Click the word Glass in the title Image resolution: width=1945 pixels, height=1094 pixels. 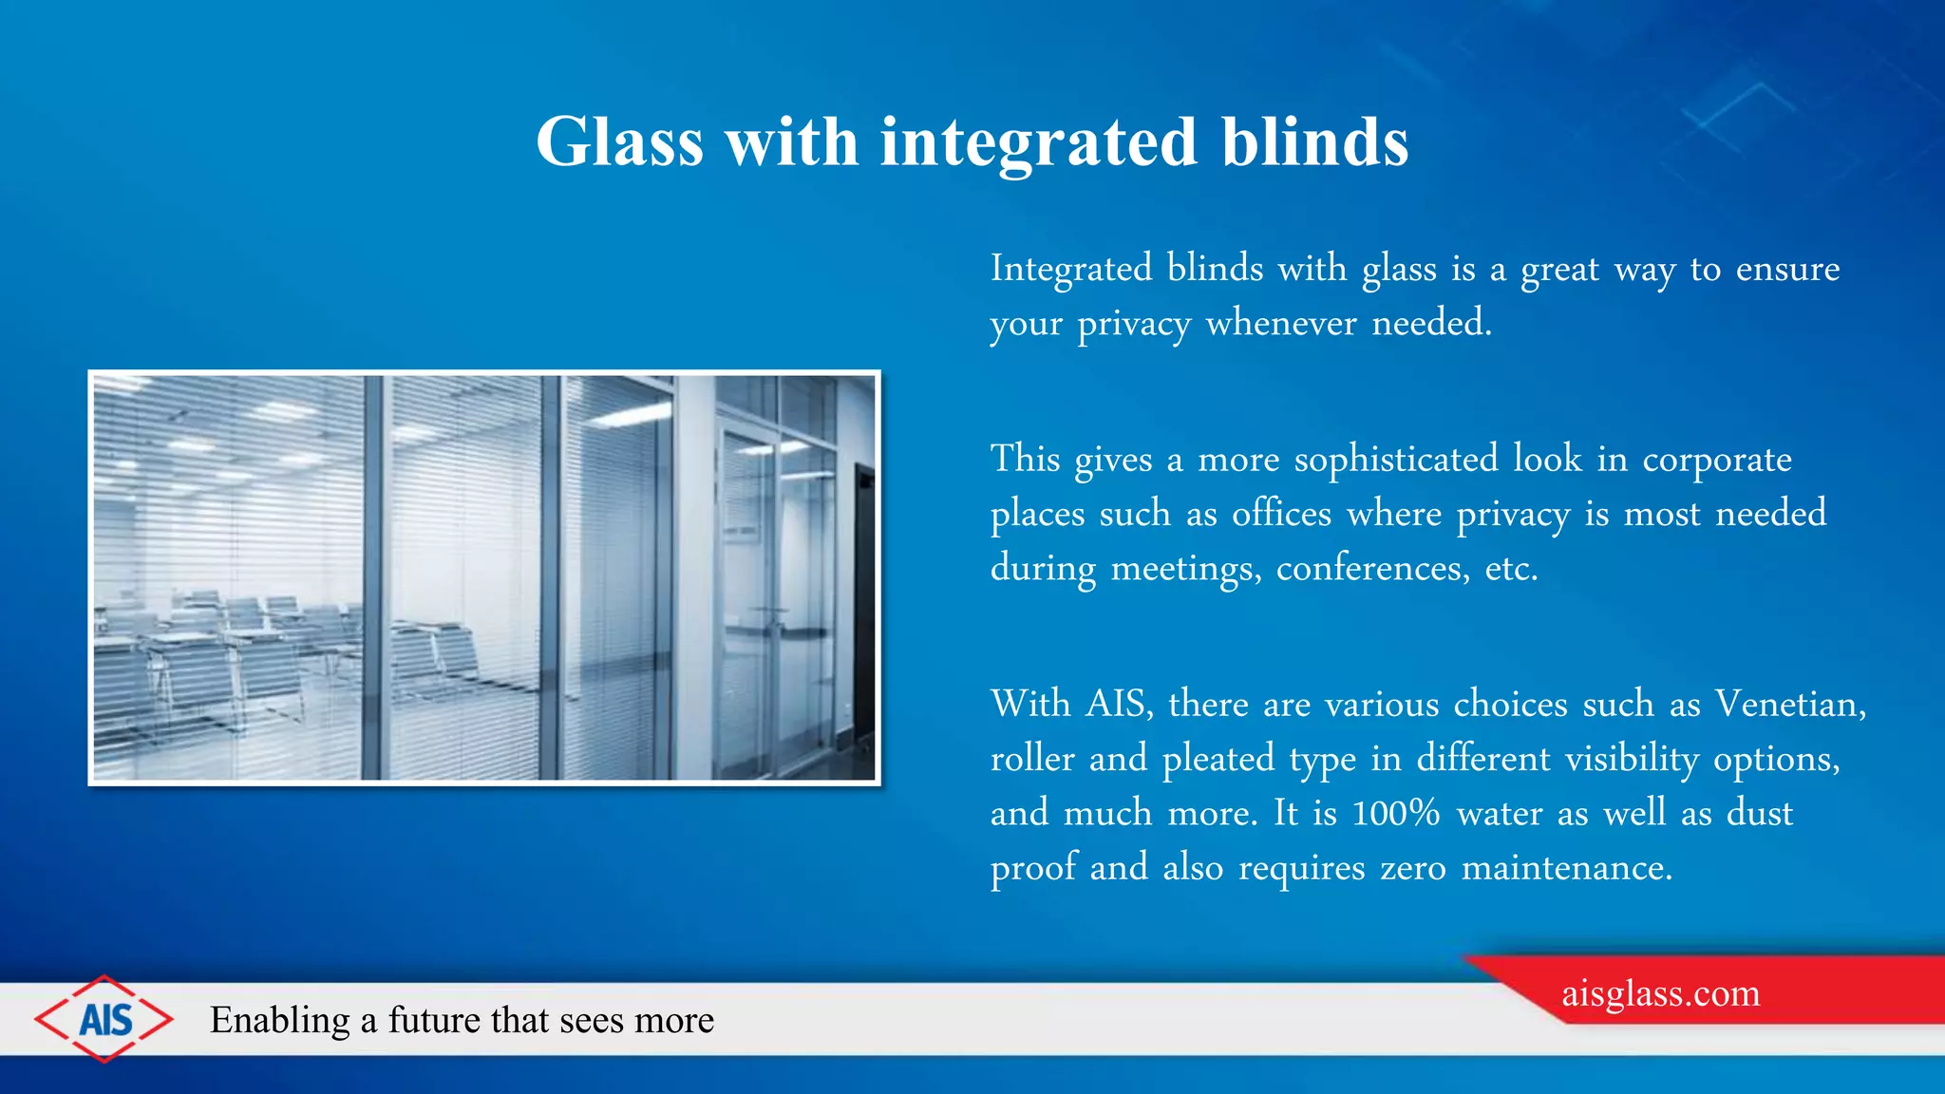[619, 142]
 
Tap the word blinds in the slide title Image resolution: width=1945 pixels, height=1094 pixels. [1314, 142]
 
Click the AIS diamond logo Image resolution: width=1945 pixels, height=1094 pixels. [104, 1019]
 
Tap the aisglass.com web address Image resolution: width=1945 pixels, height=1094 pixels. [1660, 993]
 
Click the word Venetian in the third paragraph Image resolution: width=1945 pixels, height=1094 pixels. [1789, 705]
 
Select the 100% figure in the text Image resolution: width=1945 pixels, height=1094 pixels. [1395, 814]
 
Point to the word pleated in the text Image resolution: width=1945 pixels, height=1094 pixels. [1218, 759]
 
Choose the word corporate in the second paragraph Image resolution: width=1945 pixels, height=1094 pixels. [1717, 460]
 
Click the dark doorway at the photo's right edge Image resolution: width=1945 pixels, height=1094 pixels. [863, 608]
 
